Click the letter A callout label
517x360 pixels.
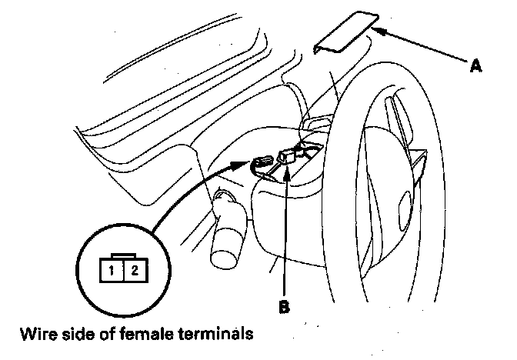(x=476, y=67)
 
